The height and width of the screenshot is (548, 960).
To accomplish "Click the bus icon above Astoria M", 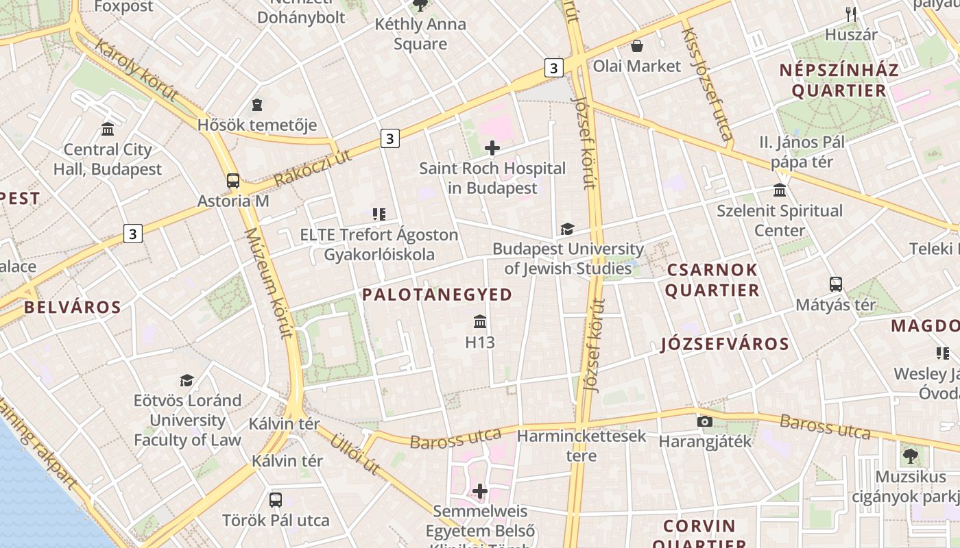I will [233, 181].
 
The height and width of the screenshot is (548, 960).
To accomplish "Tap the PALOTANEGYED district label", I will [437, 295].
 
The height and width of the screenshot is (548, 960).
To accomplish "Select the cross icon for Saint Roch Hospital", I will [492, 147].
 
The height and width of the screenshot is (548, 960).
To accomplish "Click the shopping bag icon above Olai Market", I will [637, 46].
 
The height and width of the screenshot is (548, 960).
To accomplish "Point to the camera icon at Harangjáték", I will [704, 421].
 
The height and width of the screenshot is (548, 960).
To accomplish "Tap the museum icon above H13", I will [480, 321].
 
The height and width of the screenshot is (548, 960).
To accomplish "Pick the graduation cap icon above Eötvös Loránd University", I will [187, 379].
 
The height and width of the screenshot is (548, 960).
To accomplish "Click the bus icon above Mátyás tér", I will [835, 284].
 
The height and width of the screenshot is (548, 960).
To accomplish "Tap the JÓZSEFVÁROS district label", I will [725, 344].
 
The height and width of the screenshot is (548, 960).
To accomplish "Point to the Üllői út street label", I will [355, 453].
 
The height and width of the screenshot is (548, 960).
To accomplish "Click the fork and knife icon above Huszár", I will [851, 14].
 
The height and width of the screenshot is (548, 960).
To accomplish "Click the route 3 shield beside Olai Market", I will [554, 67].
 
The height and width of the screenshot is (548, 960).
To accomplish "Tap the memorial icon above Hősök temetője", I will [257, 105].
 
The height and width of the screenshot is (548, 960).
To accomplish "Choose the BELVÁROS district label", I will [73, 307].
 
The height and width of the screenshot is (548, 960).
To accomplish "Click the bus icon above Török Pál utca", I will [275, 499].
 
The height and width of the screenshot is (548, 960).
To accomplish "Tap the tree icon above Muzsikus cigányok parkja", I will [910, 456].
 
